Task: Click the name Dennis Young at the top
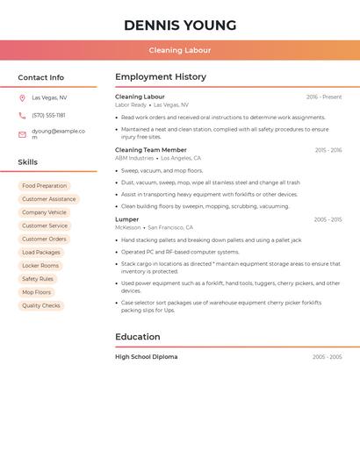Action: [180, 25]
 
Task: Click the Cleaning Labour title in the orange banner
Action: [180, 50]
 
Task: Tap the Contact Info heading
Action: [40, 77]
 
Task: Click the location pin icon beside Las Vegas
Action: [22, 97]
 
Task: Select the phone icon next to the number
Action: [22, 115]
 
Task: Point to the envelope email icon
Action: [22, 134]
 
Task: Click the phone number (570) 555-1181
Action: [48, 115]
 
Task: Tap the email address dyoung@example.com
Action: [58, 134]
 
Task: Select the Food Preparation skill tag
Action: [44, 186]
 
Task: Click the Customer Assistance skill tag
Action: [49, 199]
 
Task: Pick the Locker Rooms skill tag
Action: [40, 265]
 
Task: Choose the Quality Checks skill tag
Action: [41, 305]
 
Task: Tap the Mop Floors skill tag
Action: [37, 292]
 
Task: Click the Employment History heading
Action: [161, 77]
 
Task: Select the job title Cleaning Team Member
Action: [151, 150]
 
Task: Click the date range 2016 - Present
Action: [324, 97]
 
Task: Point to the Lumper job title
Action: [127, 219]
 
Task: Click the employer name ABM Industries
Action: [134, 158]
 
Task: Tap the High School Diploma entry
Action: [146, 357]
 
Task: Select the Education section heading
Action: [138, 337]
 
